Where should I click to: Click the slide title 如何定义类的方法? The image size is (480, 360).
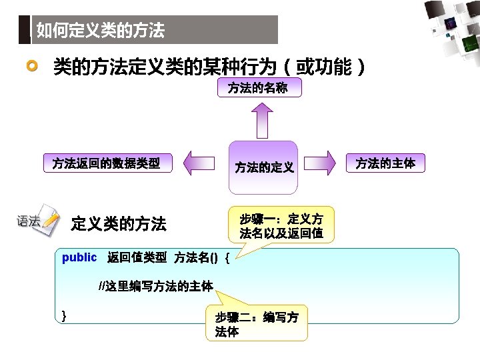click(100, 30)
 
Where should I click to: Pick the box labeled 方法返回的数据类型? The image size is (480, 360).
click(106, 163)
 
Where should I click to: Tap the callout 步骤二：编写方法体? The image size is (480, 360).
click(257, 324)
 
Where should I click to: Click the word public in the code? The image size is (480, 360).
click(79, 257)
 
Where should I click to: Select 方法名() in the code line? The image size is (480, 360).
click(196, 258)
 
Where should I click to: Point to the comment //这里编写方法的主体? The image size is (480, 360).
click(156, 287)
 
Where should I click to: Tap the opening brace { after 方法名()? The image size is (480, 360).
click(228, 258)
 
